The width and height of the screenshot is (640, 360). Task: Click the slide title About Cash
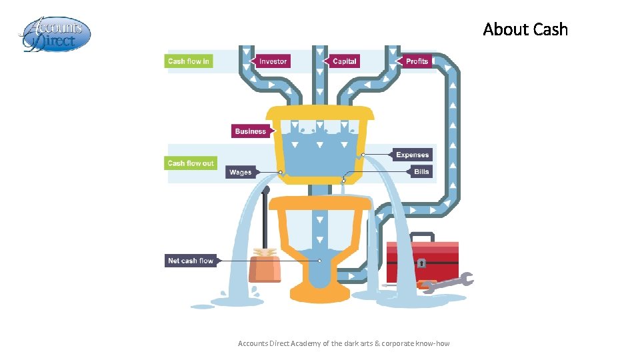525,29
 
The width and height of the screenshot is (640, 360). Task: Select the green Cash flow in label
189,61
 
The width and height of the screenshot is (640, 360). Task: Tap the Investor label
273,61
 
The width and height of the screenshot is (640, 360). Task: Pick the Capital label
344,61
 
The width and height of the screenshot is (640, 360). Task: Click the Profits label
417,61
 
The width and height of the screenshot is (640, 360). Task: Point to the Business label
251,131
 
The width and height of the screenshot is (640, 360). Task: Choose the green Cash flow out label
191,163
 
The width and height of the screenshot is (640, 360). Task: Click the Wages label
240,172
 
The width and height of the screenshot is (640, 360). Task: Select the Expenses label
413,155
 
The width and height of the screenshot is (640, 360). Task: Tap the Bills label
421,171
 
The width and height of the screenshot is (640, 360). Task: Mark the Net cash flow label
191,261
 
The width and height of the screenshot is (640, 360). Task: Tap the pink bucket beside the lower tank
265,268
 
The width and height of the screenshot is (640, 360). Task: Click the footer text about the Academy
343,343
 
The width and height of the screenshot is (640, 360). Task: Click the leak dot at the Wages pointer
281,172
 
